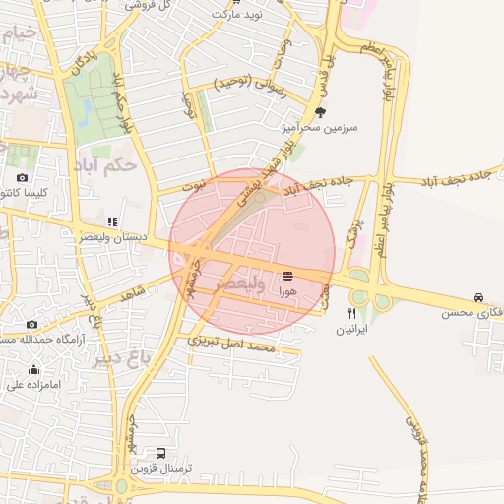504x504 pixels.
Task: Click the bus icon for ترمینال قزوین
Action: tap(161, 452)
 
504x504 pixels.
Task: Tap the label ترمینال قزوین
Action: tap(161, 468)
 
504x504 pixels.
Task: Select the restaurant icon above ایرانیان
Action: tap(351, 314)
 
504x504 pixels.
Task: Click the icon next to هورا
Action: tap(287, 276)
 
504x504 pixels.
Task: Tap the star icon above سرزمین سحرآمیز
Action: tap(319, 112)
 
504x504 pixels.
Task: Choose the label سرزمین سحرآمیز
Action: tap(319, 128)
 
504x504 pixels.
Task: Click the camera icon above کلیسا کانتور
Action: tap(22, 177)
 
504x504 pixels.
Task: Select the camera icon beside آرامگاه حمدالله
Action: tap(31, 324)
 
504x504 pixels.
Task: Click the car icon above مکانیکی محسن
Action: tap(477, 297)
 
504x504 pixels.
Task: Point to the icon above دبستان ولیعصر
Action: tap(112, 221)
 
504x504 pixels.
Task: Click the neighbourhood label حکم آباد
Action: tap(105, 165)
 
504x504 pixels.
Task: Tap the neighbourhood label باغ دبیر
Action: tap(125, 358)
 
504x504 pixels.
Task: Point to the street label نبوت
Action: tap(194, 184)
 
